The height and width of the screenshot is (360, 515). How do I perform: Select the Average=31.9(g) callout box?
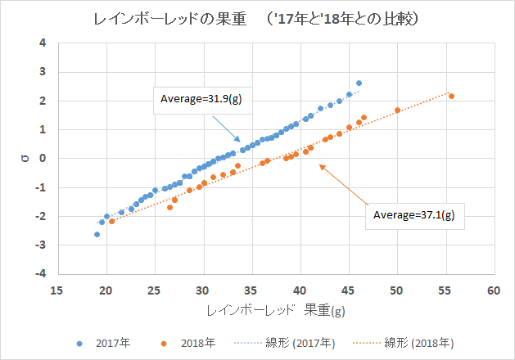coord(200,101)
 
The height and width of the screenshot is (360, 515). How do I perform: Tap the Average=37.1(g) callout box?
coord(414,215)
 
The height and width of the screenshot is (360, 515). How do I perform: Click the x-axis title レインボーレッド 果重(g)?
coord(275,311)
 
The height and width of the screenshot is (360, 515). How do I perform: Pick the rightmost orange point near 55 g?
coord(451,97)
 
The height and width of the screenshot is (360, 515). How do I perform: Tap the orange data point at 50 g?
coord(397,110)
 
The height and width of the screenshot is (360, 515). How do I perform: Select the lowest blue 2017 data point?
coord(97,234)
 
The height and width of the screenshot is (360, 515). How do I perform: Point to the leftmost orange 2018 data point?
coord(111,221)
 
